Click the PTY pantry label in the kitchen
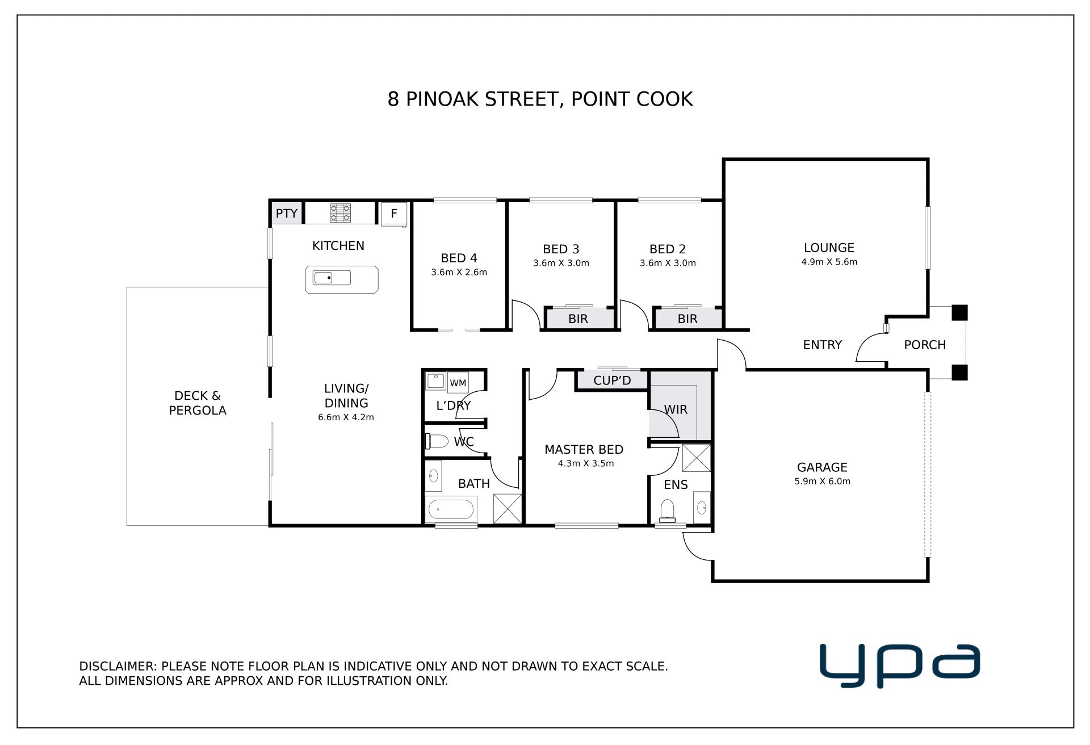[287, 214]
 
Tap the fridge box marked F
[393, 214]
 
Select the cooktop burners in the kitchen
[340, 213]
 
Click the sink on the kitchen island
[332, 278]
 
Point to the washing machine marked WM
[458, 383]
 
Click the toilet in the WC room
[437, 441]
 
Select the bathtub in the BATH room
[451, 509]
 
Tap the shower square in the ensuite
[697, 458]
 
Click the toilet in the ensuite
[666, 511]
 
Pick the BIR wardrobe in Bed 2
[687, 318]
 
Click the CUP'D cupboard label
[612, 380]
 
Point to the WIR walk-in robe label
[676, 409]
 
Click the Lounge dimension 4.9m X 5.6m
[829, 262]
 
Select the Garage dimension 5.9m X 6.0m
[822, 482]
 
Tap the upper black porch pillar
[959, 313]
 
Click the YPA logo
[900, 664]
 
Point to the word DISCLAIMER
[118, 666]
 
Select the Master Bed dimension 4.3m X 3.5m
[586, 463]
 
